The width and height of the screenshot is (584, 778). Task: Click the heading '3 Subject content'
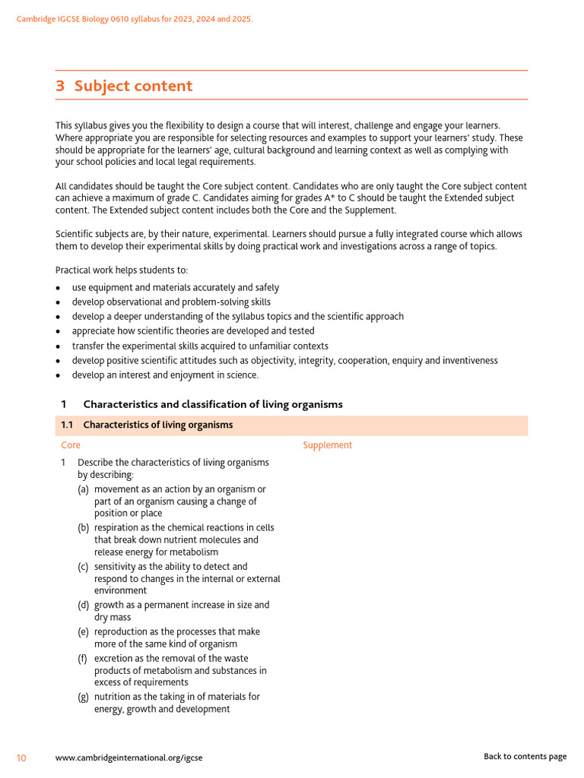(124, 86)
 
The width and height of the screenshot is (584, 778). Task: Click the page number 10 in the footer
(21, 757)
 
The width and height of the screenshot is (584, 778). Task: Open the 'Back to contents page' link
(525, 756)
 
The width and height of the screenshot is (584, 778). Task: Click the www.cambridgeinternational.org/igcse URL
(129, 757)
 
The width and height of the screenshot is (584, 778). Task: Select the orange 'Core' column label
(71, 445)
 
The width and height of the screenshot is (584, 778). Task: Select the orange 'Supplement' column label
(327, 445)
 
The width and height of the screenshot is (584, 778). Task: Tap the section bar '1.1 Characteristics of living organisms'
(157, 425)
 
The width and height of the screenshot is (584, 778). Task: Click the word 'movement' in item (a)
(116, 489)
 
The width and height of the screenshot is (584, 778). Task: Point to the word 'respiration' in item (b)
(118, 527)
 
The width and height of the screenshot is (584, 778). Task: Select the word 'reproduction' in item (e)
(122, 631)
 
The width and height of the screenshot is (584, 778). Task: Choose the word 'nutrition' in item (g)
(113, 697)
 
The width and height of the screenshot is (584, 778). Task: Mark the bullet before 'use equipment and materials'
(59, 288)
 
